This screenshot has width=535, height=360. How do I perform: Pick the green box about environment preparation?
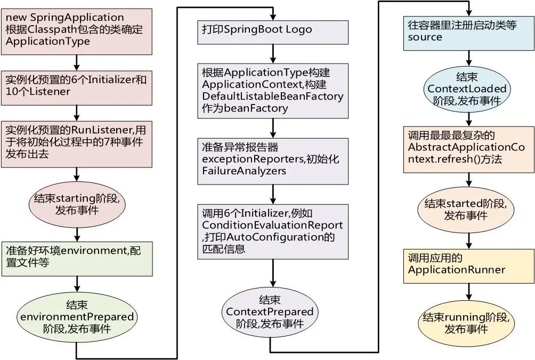point(77,258)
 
